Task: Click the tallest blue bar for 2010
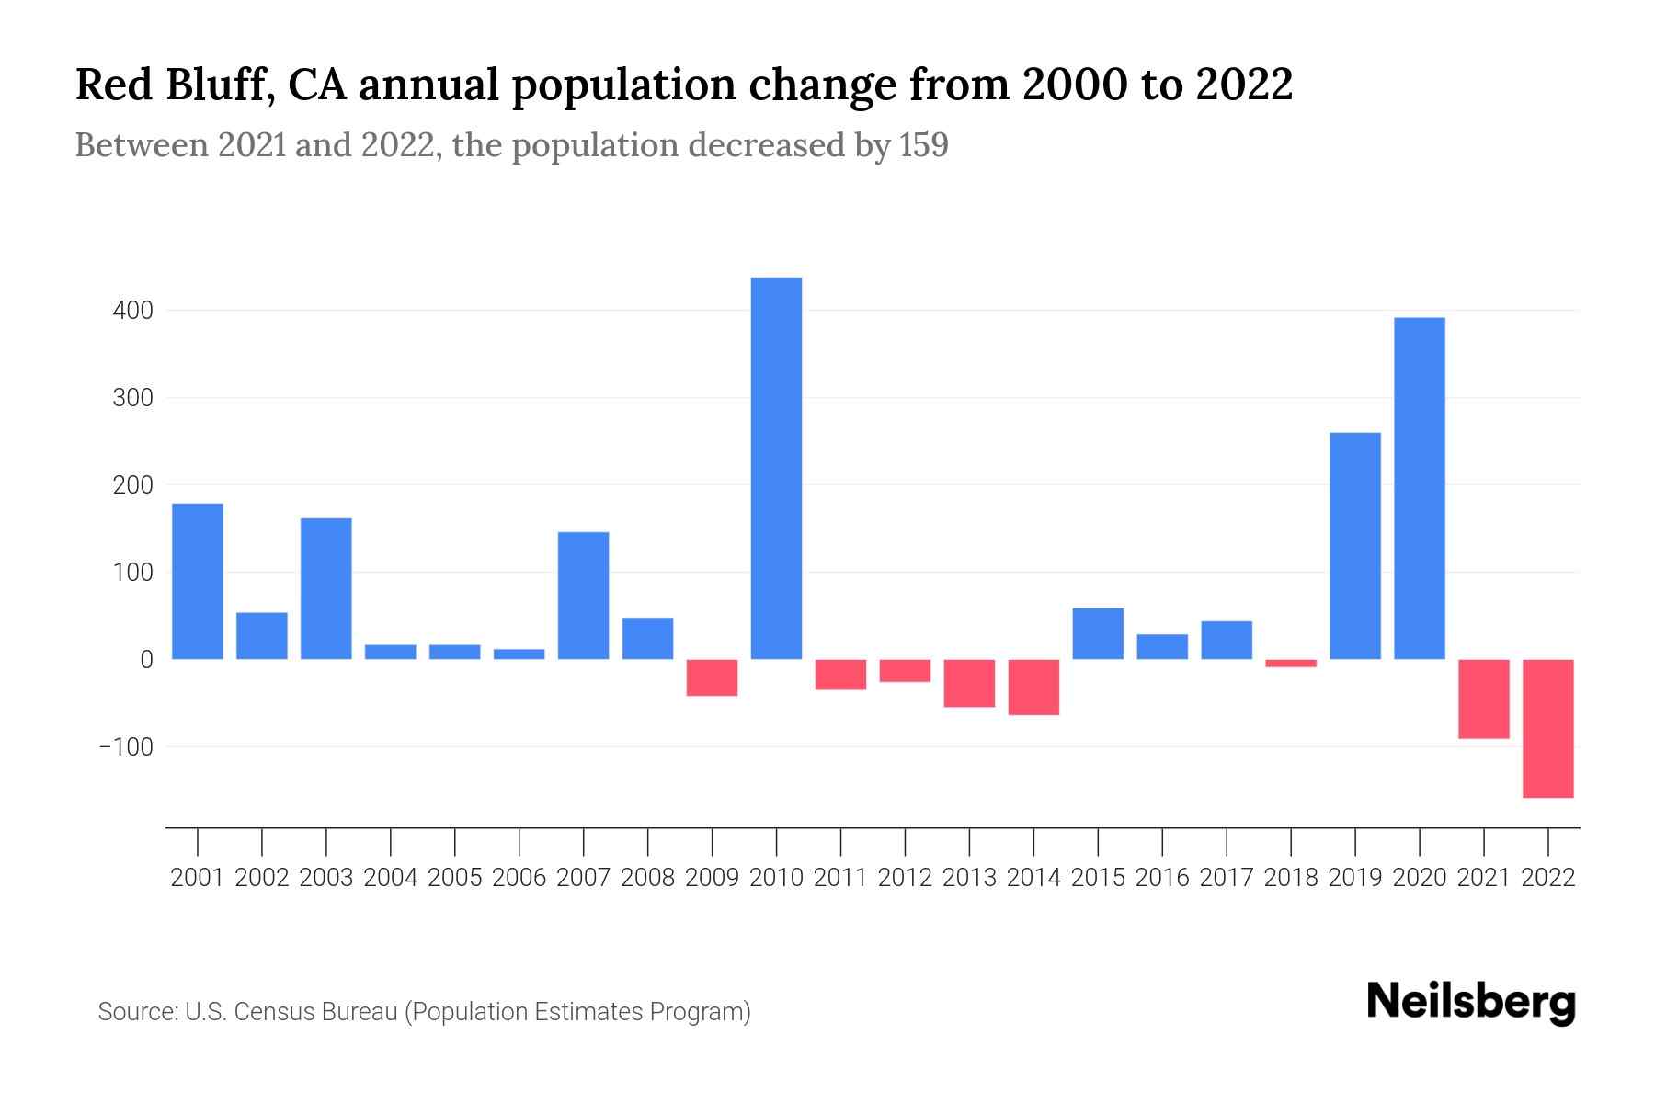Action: [776, 469]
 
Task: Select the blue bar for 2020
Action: [1419, 488]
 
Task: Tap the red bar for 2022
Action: [1547, 728]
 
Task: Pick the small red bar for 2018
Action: [1291, 663]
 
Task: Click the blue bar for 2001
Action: [198, 581]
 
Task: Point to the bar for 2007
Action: [583, 596]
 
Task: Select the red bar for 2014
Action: [1033, 687]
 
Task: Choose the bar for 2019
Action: [1354, 546]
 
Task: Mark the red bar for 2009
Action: [712, 677]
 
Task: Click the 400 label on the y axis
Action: [133, 311]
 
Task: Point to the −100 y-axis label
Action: [127, 746]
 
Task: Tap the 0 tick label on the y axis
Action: [146, 660]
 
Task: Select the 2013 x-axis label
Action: [969, 878]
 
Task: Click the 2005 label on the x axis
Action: [455, 878]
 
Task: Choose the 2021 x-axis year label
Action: [1483, 878]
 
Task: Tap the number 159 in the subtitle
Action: [924, 145]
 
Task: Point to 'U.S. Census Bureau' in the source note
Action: [291, 1012]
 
